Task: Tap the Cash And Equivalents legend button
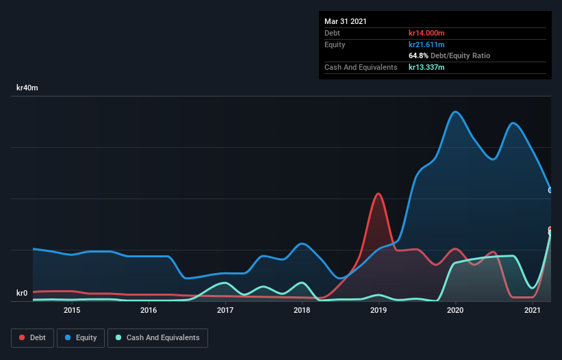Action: point(157,337)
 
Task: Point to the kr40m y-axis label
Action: point(27,88)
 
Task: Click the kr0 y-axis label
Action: point(21,294)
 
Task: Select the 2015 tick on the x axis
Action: point(72,310)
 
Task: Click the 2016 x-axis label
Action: point(149,310)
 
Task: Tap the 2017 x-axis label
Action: point(225,310)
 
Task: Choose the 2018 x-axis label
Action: point(302,310)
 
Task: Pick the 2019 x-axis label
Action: point(379,310)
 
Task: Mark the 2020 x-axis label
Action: point(456,310)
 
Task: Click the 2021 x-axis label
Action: point(533,310)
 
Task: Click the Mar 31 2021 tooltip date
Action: point(346,21)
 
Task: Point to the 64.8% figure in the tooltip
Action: point(419,55)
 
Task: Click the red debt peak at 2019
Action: point(378,194)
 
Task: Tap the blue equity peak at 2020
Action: point(455,112)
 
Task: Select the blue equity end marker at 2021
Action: point(550,190)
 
